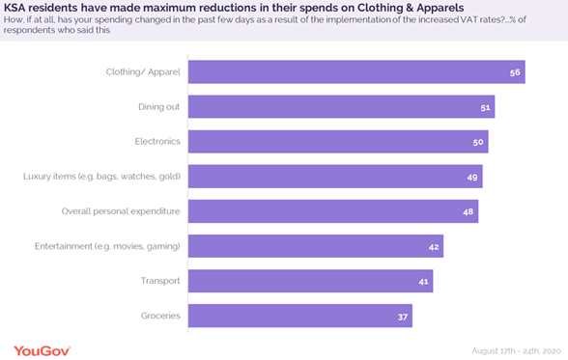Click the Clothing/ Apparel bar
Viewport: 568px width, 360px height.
[x=355, y=72]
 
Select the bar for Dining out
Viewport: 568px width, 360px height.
[x=340, y=107]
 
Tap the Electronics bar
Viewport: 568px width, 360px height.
[x=337, y=142]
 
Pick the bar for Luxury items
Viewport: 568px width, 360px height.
[x=334, y=177]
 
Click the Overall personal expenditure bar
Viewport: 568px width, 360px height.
[x=332, y=211]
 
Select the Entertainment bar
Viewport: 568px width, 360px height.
[x=315, y=246]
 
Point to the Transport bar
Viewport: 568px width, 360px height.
[x=310, y=281]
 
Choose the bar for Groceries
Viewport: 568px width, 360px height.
[x=299, y=316]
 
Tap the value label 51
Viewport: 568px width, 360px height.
[x=486, y=107]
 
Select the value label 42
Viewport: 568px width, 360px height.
[x=434, y=246]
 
